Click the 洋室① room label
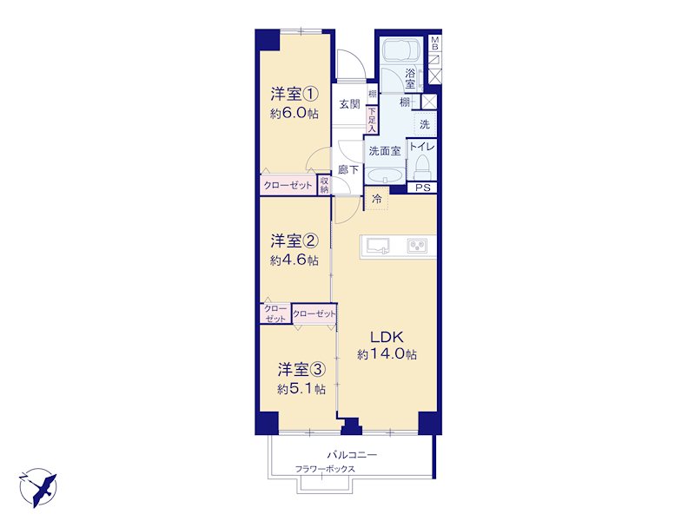(x=295, y=94)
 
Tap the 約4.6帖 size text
(x=295, y=260)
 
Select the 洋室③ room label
(x=301, y=369)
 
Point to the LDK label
(x=387, y=337)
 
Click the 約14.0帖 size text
(x=387, y=354)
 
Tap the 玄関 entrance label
(x=350, y=104)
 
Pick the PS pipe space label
(x=423, y=188)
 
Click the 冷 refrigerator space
(x=377, y=199)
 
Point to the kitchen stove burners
(x=417, y=246)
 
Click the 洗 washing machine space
(x=425, y=124)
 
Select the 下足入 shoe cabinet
(x=372, y=120)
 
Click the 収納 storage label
(x=324, y=185)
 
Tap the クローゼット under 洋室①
(x=288, y=185)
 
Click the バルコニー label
(x=352, y=454)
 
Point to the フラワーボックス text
(x=325, y=469)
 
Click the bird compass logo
(x=38, y=487)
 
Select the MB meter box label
(x=435, y=43)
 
